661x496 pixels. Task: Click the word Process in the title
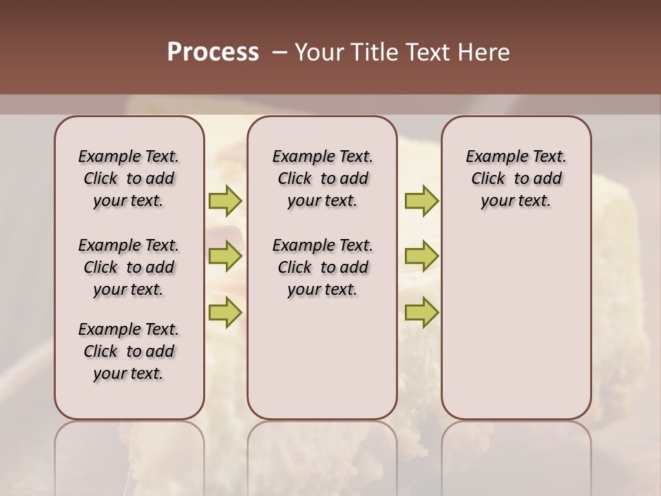pyautogui.click(x=213, y=52)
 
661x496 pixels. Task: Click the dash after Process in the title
pyautogui.click(x=279, y=53)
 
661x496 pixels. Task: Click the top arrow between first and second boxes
pyautogui.click(x=225, y=201)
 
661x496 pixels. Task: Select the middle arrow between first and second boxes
pyautogui.click(x=225, y=257)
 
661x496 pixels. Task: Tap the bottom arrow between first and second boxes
pyautogui.click(x=225, y=312)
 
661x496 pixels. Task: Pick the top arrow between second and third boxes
pyautogui.click(x=421, y=201)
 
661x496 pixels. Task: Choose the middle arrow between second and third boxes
pyautogui.click(x=421, y=257)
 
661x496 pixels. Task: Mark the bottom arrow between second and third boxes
pyautogui.click(x=421, y=312)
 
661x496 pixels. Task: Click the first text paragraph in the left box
pyautogui.click(x=129, y=178)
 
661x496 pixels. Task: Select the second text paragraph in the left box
pyautogui.click(x=129, y=267)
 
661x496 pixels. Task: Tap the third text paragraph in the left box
pyautogui.click(x=129, y=351)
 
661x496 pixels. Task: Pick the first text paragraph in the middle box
pyautogui.click(x=322, y=178)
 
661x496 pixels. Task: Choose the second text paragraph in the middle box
pyautogui.click(x=322, y=267)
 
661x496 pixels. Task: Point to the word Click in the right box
pyautogui.click(x=488, y=179)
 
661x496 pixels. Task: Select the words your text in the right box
pyautogui.click(x=516, y=201)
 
